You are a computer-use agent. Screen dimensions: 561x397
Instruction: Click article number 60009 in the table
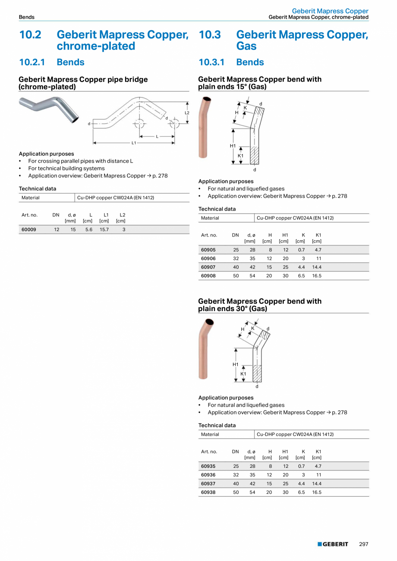[x=29, y=230]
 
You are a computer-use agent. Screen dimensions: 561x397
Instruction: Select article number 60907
[x=208, y=267]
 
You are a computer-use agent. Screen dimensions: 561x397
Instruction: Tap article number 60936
[x=208, y=475]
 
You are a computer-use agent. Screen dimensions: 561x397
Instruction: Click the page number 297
[x=364, y=544]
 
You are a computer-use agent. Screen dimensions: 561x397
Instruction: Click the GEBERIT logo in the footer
[x=333, y=544]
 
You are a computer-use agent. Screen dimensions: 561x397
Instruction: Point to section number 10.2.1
[x=32, y=62]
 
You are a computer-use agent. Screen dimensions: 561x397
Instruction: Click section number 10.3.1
[x=212, y=62]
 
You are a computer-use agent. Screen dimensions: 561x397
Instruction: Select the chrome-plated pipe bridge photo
[x=49, y=110]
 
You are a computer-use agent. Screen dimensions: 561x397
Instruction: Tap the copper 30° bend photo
[x=206, y=349]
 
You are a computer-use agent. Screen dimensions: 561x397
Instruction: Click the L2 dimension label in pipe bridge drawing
[x=187, y=113]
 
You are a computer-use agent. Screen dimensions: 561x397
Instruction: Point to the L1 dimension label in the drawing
[x=134, y=142]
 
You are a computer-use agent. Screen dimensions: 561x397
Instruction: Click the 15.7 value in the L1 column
[x=104, y=230]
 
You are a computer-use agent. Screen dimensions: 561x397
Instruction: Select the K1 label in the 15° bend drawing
[x=241, y=155]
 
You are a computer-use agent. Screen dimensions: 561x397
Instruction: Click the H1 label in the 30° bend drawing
[x=236, y=365]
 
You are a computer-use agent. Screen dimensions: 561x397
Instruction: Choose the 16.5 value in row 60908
[x=317, y=276]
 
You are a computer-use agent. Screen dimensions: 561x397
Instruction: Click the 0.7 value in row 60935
[x=301, y=466]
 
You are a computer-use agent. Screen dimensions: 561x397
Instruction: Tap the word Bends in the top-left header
[x=27, y=17]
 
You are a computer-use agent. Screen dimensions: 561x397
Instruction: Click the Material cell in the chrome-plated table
[x=31, y=198]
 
